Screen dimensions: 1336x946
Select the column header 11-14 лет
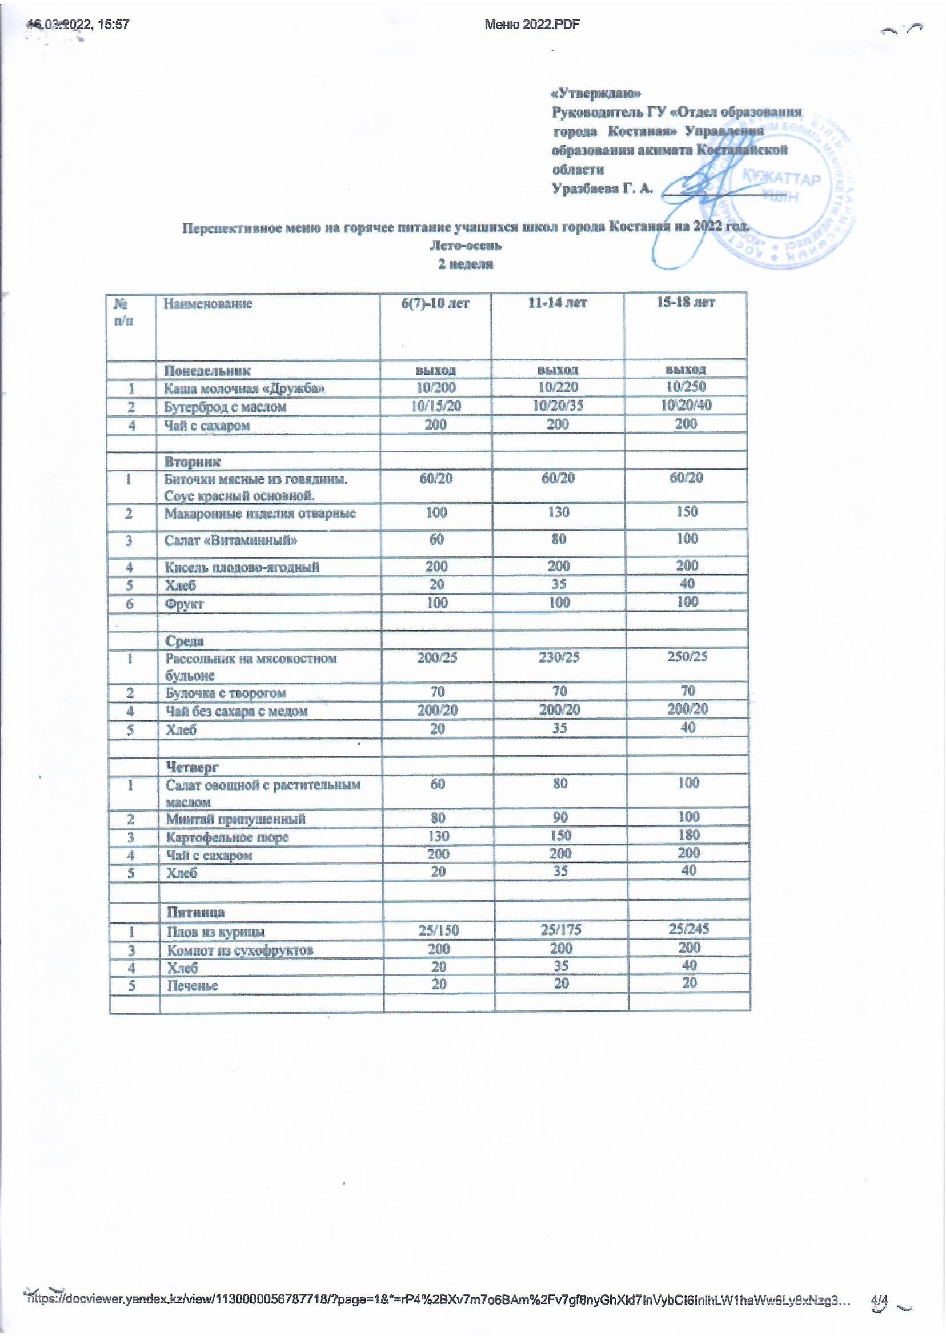558,302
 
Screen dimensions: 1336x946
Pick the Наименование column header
208,303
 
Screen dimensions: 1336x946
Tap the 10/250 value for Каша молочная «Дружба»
686,387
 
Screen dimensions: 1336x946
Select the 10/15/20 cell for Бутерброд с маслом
436,406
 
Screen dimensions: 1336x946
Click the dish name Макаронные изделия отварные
260,513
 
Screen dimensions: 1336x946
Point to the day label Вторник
193,462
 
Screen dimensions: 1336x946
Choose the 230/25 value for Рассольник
559,657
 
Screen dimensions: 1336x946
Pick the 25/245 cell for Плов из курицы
689,929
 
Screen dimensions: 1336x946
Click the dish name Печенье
193,986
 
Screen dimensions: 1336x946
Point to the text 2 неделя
466,264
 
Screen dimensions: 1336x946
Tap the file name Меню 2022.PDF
532,24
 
